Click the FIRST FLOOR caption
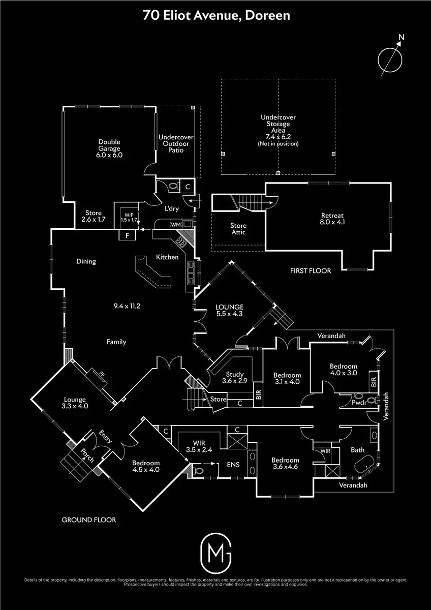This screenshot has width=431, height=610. click(x=311, y=271)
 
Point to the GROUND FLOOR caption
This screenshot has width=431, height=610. click(x=89, y=520)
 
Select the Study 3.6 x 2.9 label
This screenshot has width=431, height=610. click(x=237, y=377)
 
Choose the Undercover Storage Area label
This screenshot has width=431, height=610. click(x=278, y=127)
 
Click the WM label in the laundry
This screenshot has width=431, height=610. click(x=176, y=224)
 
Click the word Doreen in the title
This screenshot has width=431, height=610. click(x=268, y=16)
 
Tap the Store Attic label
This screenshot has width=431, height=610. click(x=238, y=229)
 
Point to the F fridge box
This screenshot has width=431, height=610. click(x=127, y=235)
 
